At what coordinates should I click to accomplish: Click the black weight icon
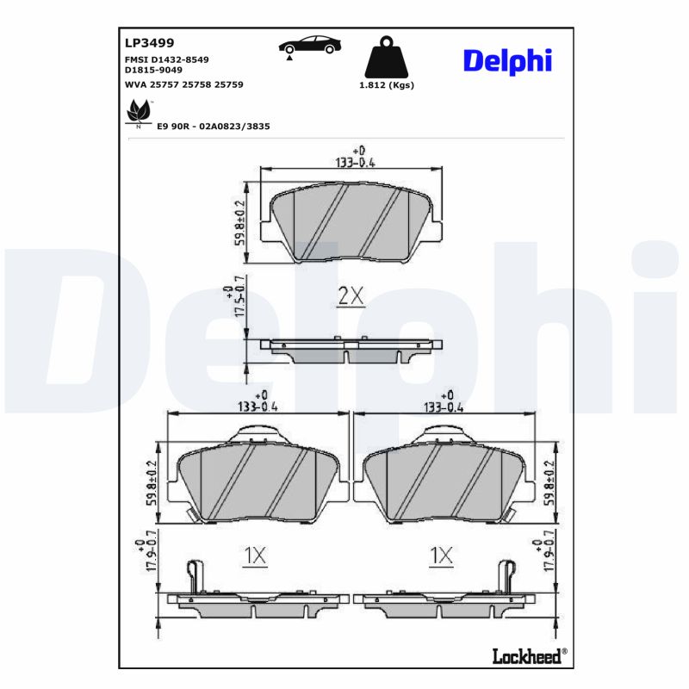pyautogui.click(x=386, y=57)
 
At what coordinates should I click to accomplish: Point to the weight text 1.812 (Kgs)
pyautogui.click(x=387, y=85)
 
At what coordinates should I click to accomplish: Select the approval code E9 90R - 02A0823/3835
pyautogui.click(x=213, y=126)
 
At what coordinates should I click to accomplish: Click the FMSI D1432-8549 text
pyautogui.click(x=166, y=59)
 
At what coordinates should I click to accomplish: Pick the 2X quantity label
pyautogui.click(x=351, y=296)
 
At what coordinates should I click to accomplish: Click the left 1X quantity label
pyautogui.click(x=255, y=556)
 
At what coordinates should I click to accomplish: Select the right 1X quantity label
pyautogui.click(x=441, y=556)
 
